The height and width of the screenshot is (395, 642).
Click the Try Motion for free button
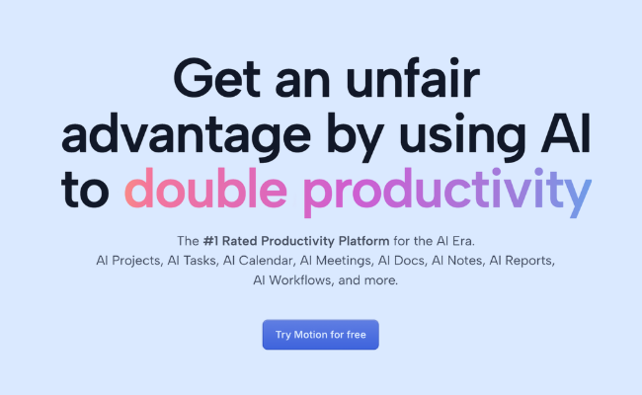(x=320, y=335)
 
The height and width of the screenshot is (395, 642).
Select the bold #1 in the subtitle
(x=215, y=240)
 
